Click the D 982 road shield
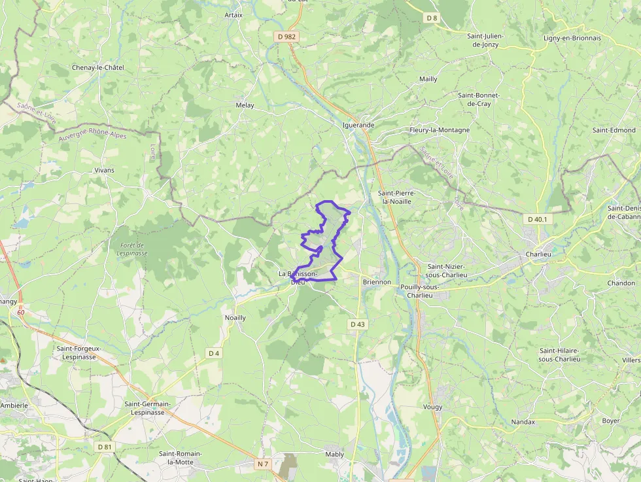pos(287,37)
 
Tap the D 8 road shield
pos(431,18)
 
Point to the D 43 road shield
pos(357,324)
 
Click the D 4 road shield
pos(214,353)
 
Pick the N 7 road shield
pos(263,464)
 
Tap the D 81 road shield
pos(104,447)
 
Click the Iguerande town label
pos(358,125)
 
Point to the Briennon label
pos(377,283)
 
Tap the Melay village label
pos(245,105)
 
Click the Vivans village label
pos(104,170)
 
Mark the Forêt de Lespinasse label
pos(132,249)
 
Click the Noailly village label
pos(235,318)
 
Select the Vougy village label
pos(432,407)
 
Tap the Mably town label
pos(334,454)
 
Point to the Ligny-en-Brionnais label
pos(572,38)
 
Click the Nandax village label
pos(523,422)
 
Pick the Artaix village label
pos(234,15)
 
